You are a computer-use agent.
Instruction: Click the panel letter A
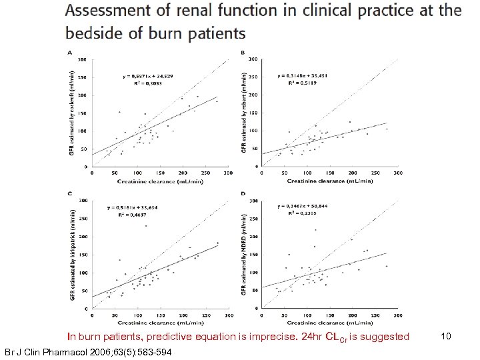(71, 53)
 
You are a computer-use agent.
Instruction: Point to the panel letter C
(71, 193)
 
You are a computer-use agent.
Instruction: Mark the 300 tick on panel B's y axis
(252, 59)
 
